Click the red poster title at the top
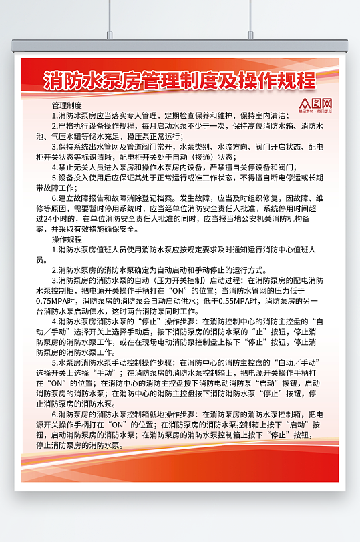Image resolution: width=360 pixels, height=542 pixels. point(179,81)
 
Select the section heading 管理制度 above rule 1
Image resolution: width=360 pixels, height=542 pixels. point(67,105)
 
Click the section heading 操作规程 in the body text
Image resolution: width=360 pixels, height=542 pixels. point(67,238)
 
